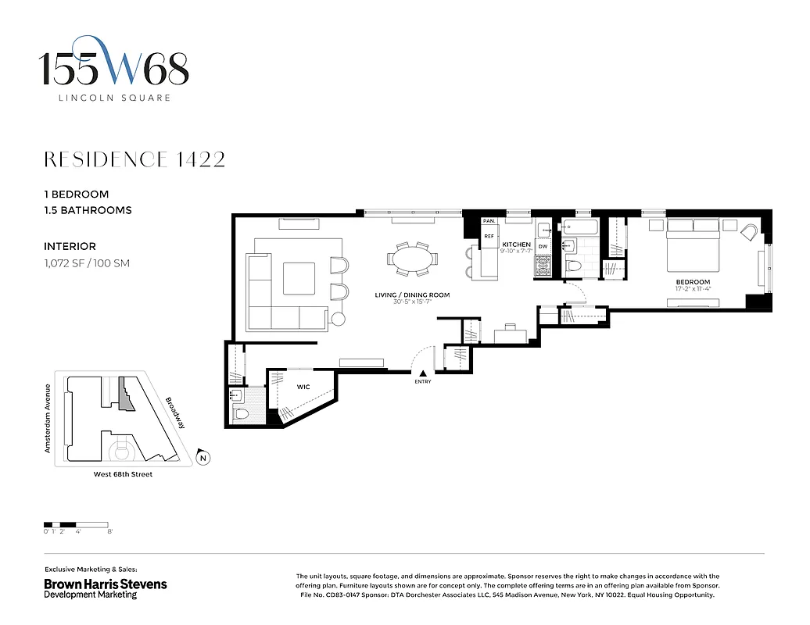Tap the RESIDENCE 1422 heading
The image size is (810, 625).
134,159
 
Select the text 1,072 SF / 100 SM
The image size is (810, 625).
87,263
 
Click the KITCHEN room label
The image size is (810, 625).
516,245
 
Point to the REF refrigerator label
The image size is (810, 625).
489,235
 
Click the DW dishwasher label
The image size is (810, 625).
543,246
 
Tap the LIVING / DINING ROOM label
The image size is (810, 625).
413,295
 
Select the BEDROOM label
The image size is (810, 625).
693,282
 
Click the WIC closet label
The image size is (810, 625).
303,387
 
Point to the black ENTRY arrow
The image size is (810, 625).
423,373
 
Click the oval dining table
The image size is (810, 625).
410,258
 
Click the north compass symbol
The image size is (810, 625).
202,459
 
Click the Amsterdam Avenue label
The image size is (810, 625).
48,418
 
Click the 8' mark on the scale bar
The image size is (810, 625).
110,531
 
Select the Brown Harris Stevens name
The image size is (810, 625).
105,584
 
